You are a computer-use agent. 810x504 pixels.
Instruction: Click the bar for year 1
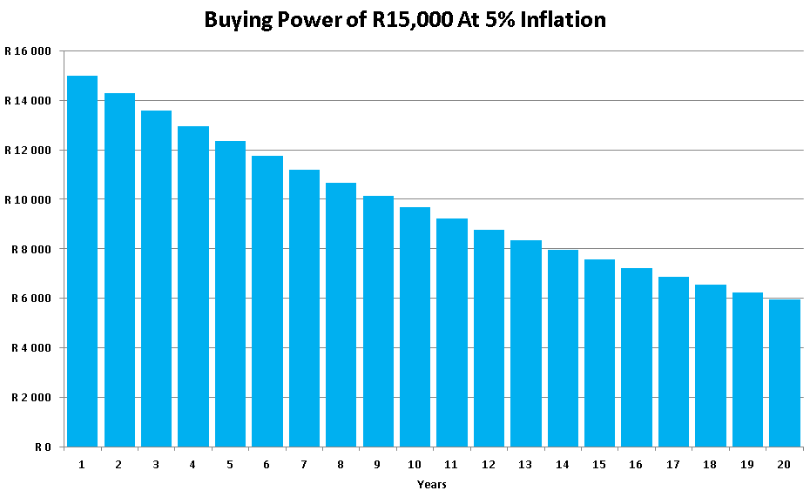(82, 261)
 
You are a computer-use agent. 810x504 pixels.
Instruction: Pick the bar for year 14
(563, 348)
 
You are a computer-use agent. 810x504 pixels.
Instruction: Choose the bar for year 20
(785, 373)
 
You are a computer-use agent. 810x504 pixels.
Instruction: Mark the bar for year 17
(673, 362)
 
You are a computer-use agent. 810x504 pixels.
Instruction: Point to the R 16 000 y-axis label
(28, 51)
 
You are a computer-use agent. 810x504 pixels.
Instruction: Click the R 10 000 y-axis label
(28, 199)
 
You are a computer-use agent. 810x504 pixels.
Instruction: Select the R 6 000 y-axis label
(30, 299)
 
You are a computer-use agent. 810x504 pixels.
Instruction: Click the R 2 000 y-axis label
(30, 398)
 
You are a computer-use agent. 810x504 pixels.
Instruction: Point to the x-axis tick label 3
(156, 465)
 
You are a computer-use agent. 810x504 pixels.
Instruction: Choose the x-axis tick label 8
(341, 465)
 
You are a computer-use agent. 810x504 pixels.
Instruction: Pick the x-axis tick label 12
(489, 465)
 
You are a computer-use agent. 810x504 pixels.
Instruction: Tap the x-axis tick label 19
(747, 465)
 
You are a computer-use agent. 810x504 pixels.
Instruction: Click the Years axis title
(432, 484)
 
